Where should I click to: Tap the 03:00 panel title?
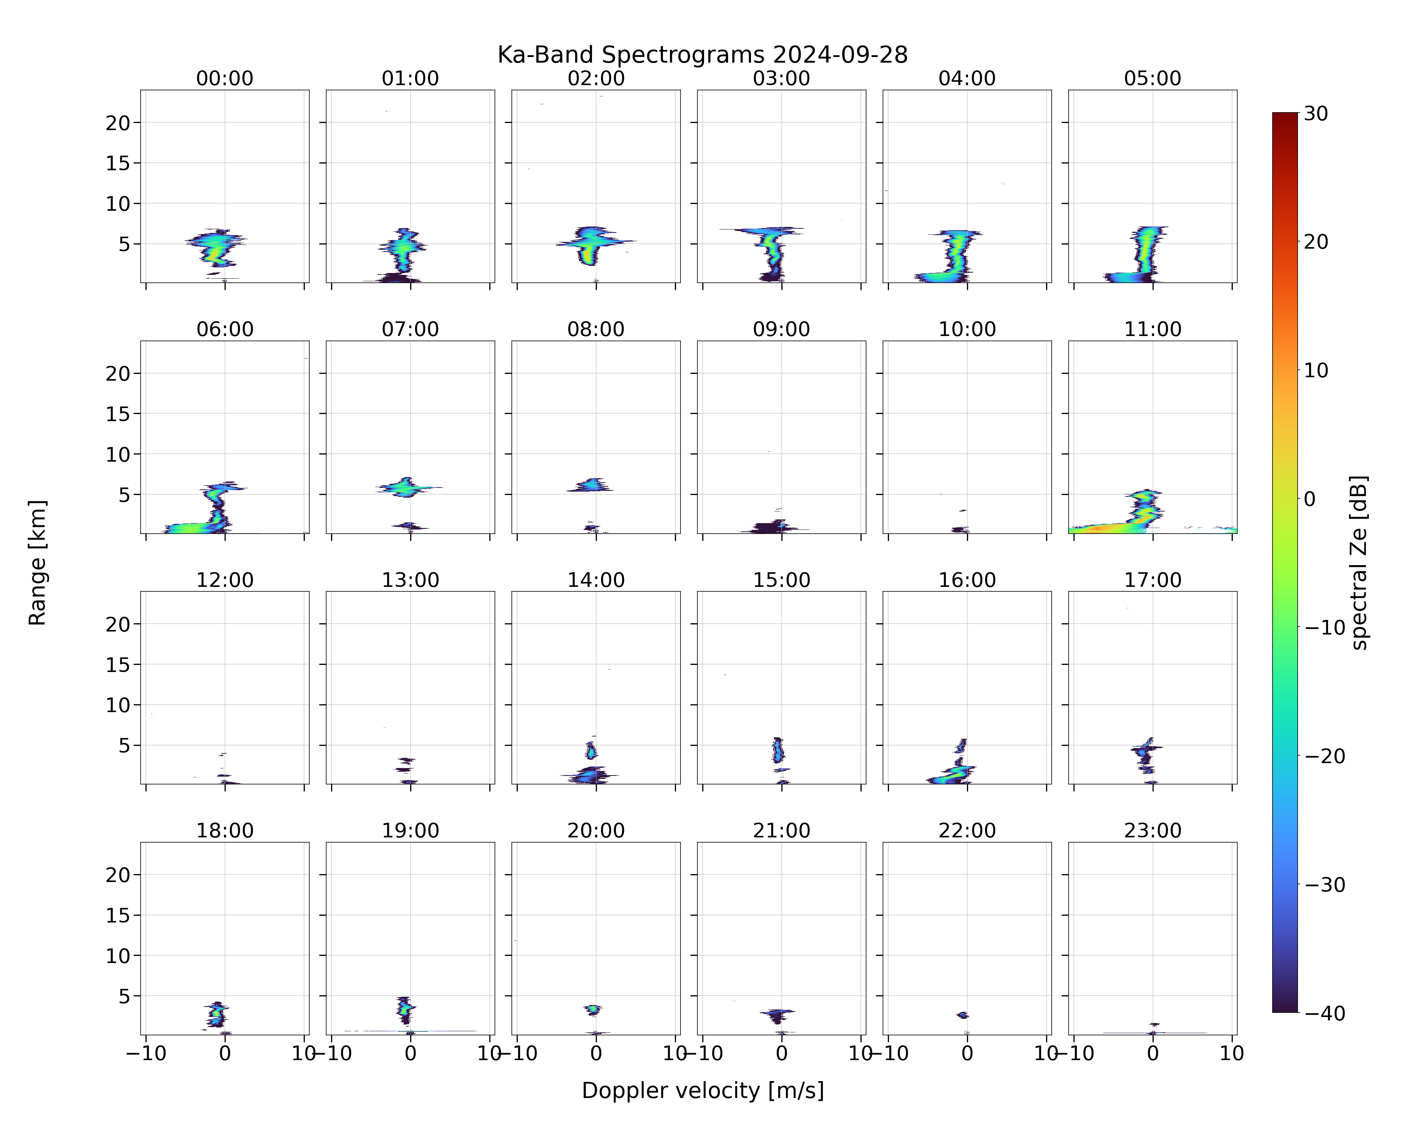click(x=781, y=78)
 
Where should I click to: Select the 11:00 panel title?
click(x=1152, y=329)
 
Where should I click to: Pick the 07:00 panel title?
click(x=410, y=329)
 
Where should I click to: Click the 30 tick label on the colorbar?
click(x=1316, y=114)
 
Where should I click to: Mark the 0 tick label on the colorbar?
click(x=1310, y=499)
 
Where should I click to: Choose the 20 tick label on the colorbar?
click(x=1316, y=242)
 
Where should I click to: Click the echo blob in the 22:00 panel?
click(x=962, y=1015)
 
